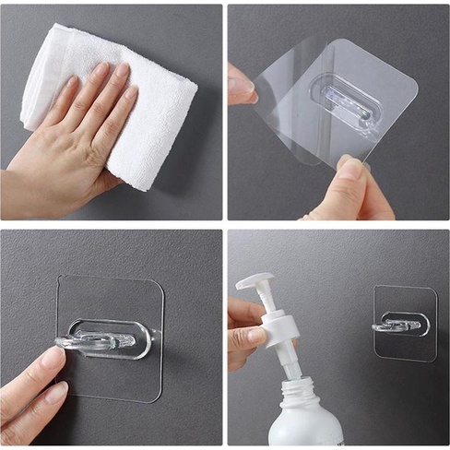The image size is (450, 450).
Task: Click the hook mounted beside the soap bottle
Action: pyautogui.click(x=398, y=326)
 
